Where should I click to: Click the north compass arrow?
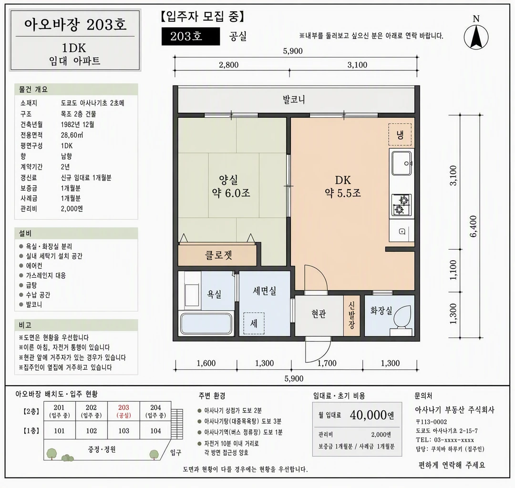[476, 37]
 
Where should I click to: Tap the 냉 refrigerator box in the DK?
[400, 134]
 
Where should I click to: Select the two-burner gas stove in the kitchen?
[402, 205]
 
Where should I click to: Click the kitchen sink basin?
[401, 163]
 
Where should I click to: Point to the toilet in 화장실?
[402, 320]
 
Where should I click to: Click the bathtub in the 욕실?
[207, 324]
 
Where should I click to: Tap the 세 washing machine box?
[254, 324]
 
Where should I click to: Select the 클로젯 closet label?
[219, 254]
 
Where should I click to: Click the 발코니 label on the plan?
[294, 99]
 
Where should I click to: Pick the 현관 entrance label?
[319, 314]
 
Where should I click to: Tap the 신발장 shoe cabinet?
[352, 315]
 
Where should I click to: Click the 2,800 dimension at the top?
[228, 65]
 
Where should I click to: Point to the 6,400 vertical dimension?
[474, 226]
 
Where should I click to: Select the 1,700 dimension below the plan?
[327, 363]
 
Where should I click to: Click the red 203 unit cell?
[124, 411]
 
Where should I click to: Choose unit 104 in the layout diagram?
[155, 430]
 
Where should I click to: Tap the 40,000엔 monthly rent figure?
[372, 415]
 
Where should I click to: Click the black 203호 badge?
[190, 36]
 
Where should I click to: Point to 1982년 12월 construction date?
[78, 124]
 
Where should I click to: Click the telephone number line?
[445, 440]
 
